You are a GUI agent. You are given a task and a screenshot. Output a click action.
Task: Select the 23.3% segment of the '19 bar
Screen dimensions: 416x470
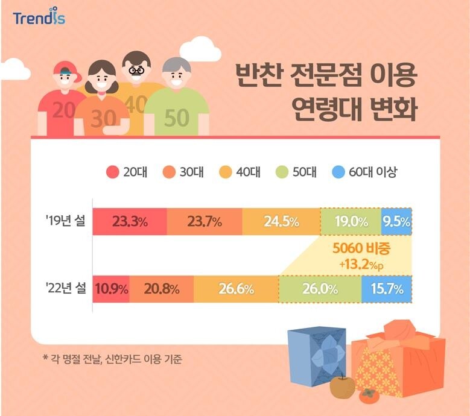(130, 221)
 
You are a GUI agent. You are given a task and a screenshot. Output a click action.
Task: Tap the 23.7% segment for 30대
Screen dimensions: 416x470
(205, 221)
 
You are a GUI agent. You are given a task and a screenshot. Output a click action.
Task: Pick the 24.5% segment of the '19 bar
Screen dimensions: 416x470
(281, 221)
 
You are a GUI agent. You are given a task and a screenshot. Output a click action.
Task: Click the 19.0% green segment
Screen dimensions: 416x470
(351, 221)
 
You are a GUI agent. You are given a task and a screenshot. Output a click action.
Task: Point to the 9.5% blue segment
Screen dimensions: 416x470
(396, 221)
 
